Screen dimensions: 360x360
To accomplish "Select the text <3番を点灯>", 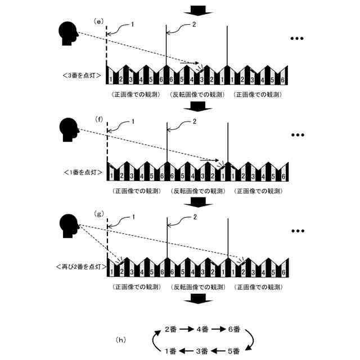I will coord(83,75).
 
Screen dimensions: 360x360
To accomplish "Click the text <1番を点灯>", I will coord(83,172).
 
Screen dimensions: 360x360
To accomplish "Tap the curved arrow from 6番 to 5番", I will coord(253,339).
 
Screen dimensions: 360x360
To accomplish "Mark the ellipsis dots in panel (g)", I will coord(297,231).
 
